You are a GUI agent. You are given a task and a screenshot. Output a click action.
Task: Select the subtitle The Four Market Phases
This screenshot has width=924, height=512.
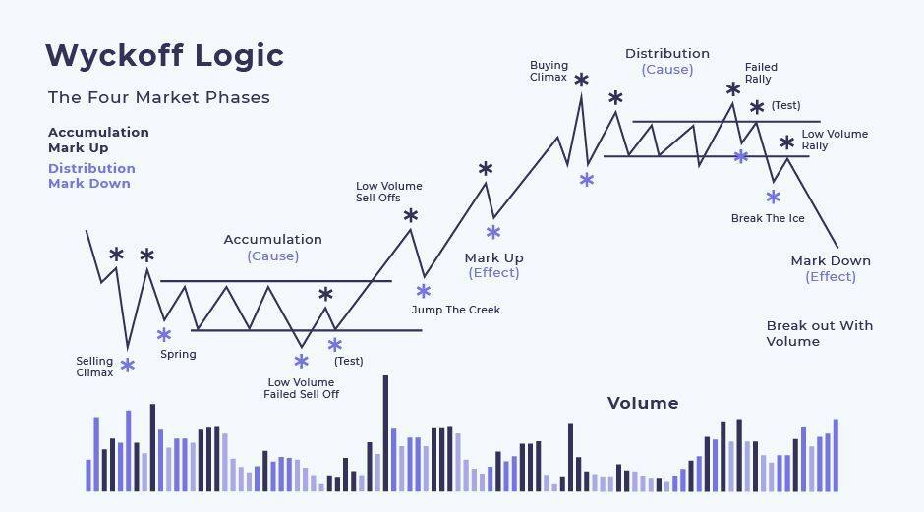pos(159,97)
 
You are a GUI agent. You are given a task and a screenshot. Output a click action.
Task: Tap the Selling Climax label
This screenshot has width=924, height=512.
pos(94,367)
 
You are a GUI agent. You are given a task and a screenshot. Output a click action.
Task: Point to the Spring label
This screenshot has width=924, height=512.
pos(178,354)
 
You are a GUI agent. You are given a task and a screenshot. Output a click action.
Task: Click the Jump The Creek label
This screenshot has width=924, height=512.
pos(455,310)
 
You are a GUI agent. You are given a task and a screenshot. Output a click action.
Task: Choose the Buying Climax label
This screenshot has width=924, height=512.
pos(549,71)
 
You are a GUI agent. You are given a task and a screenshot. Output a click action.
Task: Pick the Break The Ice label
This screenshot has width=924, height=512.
pos(768,218)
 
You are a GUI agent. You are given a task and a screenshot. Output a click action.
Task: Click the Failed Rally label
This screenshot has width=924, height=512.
pos(761,73)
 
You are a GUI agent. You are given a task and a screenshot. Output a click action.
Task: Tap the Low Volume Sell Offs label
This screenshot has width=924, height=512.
pos(389,192)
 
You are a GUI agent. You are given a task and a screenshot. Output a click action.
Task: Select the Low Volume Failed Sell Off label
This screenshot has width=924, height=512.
pos(301,388)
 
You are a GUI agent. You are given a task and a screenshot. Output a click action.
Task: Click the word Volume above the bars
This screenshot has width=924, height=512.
pos(643,403)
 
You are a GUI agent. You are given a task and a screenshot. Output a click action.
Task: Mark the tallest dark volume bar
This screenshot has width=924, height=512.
pos(386,433)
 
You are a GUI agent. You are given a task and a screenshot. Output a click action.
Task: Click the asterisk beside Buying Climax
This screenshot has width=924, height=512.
pos(582,80)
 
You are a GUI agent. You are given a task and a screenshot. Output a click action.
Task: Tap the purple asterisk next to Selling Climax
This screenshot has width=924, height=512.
pos(127,366)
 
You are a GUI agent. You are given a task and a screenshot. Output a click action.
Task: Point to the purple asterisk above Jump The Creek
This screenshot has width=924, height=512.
pos(423,291)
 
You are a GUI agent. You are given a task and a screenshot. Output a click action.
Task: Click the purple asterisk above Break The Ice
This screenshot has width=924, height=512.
pos(774,197)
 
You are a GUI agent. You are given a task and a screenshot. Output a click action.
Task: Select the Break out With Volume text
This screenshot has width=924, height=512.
pos(820,333)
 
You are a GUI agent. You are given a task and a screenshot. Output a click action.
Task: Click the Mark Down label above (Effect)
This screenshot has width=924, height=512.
pos(831,260)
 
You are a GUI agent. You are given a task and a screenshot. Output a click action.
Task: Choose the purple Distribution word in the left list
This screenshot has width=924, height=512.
pos(92,168)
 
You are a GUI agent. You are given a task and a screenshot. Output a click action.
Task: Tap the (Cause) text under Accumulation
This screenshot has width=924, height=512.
pos(273,256)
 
